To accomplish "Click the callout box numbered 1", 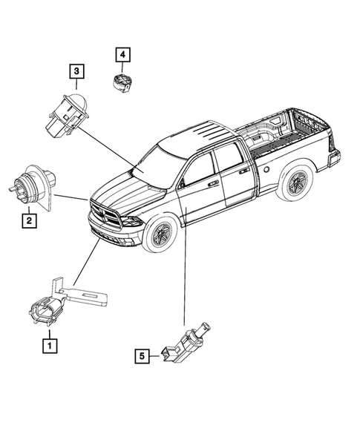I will tap(50, 344).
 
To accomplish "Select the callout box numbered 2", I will tap(28, 220).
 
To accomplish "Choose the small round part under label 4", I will tap(121, 82).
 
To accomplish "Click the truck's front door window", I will tap(198, 169).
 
